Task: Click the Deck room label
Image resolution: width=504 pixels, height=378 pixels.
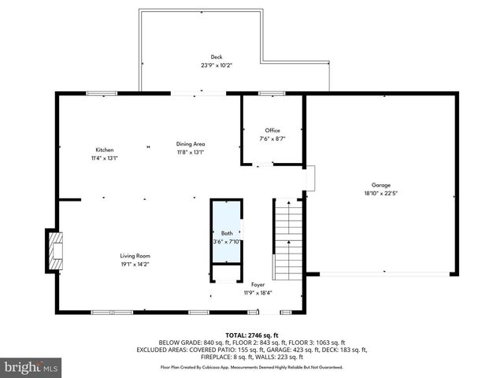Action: coord(216,57)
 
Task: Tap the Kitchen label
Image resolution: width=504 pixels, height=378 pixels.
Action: coord(105,150)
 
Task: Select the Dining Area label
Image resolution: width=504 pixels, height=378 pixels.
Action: coord(191,144)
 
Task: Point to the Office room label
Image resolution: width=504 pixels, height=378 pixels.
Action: coord(272,131)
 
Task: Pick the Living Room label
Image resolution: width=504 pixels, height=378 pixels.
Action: coord(135,256)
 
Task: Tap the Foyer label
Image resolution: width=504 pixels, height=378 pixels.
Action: coord(258,284)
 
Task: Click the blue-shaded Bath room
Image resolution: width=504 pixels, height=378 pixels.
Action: coord(226,232)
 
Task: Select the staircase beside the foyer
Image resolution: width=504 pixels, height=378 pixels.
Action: coord(287,240)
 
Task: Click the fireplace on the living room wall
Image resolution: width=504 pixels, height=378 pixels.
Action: coord(54,250)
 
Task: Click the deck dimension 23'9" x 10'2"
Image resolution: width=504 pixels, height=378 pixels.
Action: coord(216,65)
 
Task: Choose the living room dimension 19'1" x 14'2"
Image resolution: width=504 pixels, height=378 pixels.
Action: coord(135,265)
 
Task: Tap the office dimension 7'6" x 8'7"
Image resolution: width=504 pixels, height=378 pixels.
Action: coord(272,139)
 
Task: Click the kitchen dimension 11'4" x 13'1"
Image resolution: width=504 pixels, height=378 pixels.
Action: coord(105,157)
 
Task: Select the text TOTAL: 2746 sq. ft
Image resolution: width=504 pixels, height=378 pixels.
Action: coord(253,335)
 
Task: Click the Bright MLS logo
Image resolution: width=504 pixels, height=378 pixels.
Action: coord(31,368)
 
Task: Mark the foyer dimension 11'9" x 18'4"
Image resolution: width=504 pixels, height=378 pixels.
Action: coord(258,293)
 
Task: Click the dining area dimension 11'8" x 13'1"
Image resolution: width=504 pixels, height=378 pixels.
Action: coord(191,152)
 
